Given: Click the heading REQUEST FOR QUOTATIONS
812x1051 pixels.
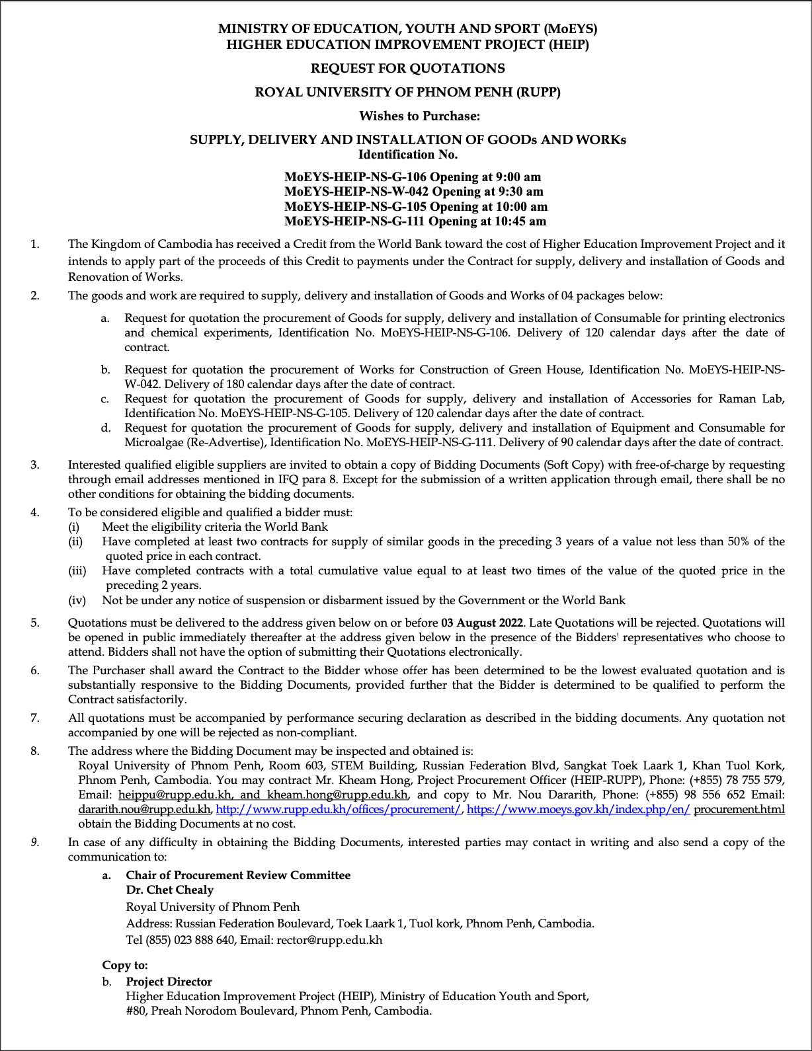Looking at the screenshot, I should click(407, 69).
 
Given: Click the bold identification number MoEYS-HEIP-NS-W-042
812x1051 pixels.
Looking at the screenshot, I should click(356, 192).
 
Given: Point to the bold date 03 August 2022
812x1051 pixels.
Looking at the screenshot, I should click(482, 623).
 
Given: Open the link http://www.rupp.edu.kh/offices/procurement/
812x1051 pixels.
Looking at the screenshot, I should click(339, 809).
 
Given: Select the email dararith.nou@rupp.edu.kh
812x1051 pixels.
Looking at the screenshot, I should click(145, 809).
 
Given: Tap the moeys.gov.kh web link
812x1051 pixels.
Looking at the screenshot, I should click(578, 809).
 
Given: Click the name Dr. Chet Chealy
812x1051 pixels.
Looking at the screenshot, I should click(169, 890).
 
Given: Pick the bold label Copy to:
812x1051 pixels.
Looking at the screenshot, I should click(125, 966).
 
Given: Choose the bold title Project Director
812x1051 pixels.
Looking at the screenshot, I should click(169, 982).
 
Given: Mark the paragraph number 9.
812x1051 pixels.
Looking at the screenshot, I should click(35, 842).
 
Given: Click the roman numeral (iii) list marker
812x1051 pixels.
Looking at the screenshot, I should click(77, 571).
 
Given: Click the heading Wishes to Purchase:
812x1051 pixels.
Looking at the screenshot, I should click(419, 116).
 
